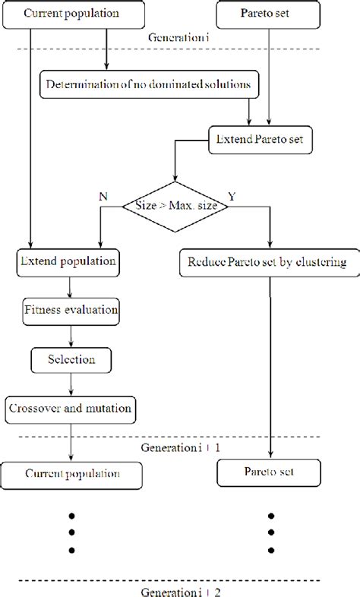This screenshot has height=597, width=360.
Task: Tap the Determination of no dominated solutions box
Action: [x=150, y=84]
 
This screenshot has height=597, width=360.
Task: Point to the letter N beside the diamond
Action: [x=103, y=195]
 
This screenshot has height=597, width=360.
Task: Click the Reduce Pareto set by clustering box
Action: [x=263, y=262]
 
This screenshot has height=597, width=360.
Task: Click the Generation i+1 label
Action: [x=180, y=448]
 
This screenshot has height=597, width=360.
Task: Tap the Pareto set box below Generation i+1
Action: [x=270, y=473]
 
